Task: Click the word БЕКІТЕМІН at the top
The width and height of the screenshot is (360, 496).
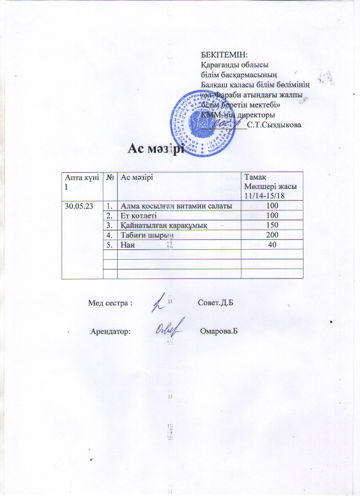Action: point(224,55)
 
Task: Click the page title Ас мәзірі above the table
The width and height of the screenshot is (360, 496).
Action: point(156,149)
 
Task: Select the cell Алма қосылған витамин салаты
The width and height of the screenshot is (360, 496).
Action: point(176,206)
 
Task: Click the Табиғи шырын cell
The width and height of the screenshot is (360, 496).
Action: point(143,234)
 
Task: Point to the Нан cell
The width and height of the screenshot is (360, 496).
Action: point(127,244)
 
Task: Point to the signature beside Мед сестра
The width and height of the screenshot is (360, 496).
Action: point(159,303)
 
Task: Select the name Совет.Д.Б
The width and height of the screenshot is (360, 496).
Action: point(216,304)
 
